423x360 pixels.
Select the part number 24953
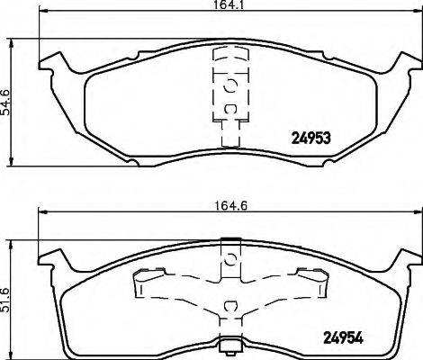pyautogui.click(x=313, y=139)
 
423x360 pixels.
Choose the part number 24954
pyautogui.click(x=345, y=339)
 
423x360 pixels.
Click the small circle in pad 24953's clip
pyautogui.click(x=229, y=86)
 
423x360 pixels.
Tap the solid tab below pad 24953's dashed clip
pyautogui.click(x=229, y=136)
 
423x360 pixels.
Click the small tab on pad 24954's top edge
pyautogui.click(x=229, y=239)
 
